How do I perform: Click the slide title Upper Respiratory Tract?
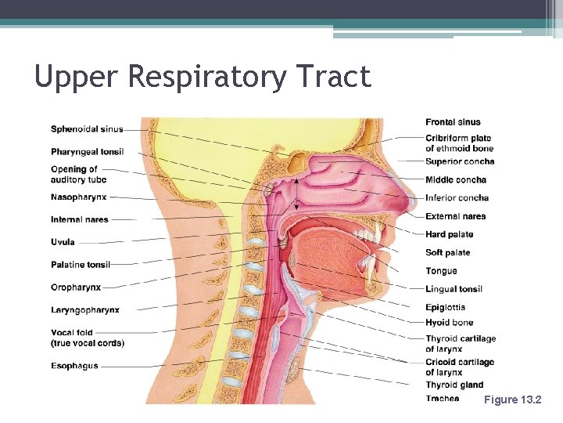(x=203, y=77)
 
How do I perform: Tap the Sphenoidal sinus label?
(x=87, y=129)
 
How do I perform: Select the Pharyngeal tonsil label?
(x=88, y=151)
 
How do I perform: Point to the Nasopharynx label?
(x=78, y=197)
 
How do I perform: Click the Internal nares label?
(x=80, y=219)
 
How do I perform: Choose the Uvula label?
(x=63, y=242)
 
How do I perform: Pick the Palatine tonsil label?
(x=81, y=265)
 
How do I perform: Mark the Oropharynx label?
(x=76, y=287)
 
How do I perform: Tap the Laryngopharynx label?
(x=85, y=310)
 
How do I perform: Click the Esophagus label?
(x=74, y=366)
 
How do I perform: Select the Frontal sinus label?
(x=453, y=122)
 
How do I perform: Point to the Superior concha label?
(x=460, y=161)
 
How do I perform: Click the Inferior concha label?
(x=457, y=198)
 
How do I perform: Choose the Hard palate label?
(x=449, y=234)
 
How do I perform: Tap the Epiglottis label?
(x=445, y=307)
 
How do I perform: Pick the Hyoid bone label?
(x=449, y=322)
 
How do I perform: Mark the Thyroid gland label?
(x=454, y=385)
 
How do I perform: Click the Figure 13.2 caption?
(x=512, y=399)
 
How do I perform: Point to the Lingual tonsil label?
(x=454, y=289)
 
